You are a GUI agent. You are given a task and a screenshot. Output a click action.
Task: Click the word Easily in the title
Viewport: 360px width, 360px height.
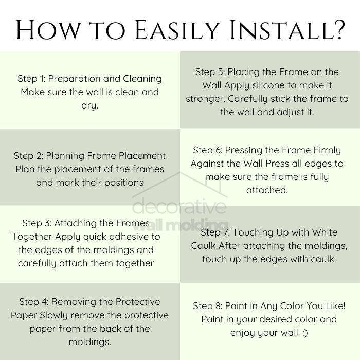tap(176, 30)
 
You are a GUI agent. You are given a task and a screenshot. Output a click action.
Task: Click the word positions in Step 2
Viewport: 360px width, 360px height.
tap(124, 183)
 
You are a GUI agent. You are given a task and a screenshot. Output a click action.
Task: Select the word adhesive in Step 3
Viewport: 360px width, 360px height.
tap(129, 237)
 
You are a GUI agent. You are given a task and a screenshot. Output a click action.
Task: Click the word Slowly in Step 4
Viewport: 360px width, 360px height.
tap(53, 315)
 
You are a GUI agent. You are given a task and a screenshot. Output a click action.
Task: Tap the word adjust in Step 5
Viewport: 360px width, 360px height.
tap(290, 112)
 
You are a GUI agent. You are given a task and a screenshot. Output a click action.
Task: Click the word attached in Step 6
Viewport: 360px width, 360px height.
tap(267, 190)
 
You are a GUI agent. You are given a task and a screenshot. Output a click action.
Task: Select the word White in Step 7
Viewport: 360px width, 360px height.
tap(325, 232)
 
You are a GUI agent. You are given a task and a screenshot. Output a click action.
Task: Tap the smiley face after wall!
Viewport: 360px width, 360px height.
tap(305, 333)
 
